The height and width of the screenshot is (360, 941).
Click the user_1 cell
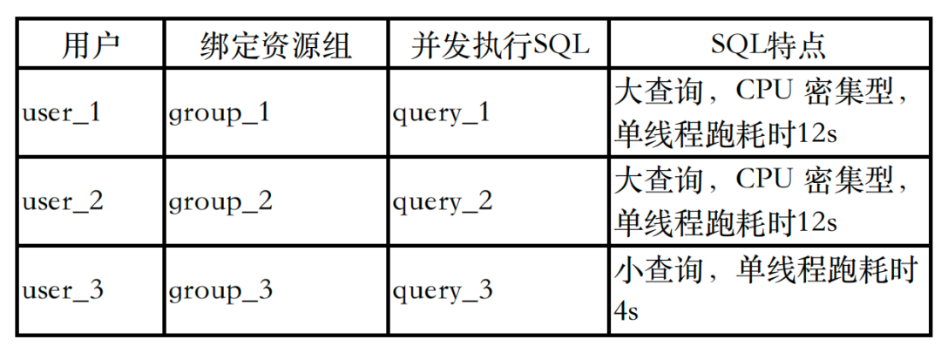[x=62, y=114]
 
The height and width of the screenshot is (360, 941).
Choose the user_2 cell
[x=63, y=202]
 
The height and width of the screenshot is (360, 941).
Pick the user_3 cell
[x=63, y=290]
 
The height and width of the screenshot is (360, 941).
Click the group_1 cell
[x=220, y=114]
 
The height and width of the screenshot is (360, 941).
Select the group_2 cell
[x=220, y=202]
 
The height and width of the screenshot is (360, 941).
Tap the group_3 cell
[x=220, y=290]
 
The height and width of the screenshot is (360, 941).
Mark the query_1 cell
[x=442, y=114]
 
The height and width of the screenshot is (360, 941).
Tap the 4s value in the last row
[x=626, y=311]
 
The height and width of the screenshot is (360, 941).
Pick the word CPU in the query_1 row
[x=764, y=92]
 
